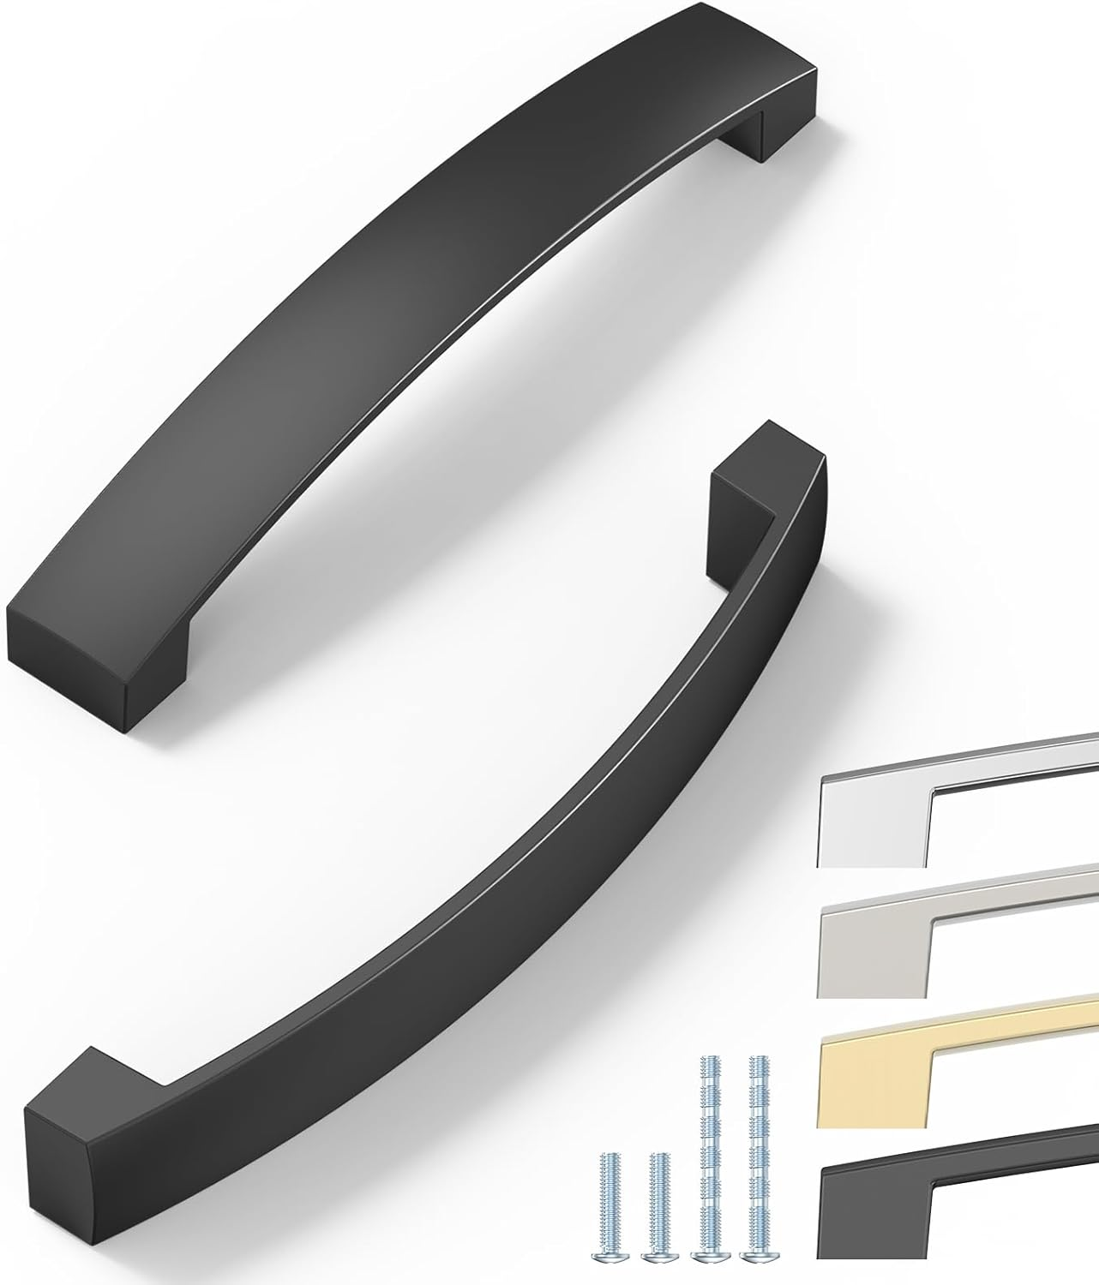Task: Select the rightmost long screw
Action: (x=758, y=1156)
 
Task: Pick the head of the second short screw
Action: (x=658, y=1257)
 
